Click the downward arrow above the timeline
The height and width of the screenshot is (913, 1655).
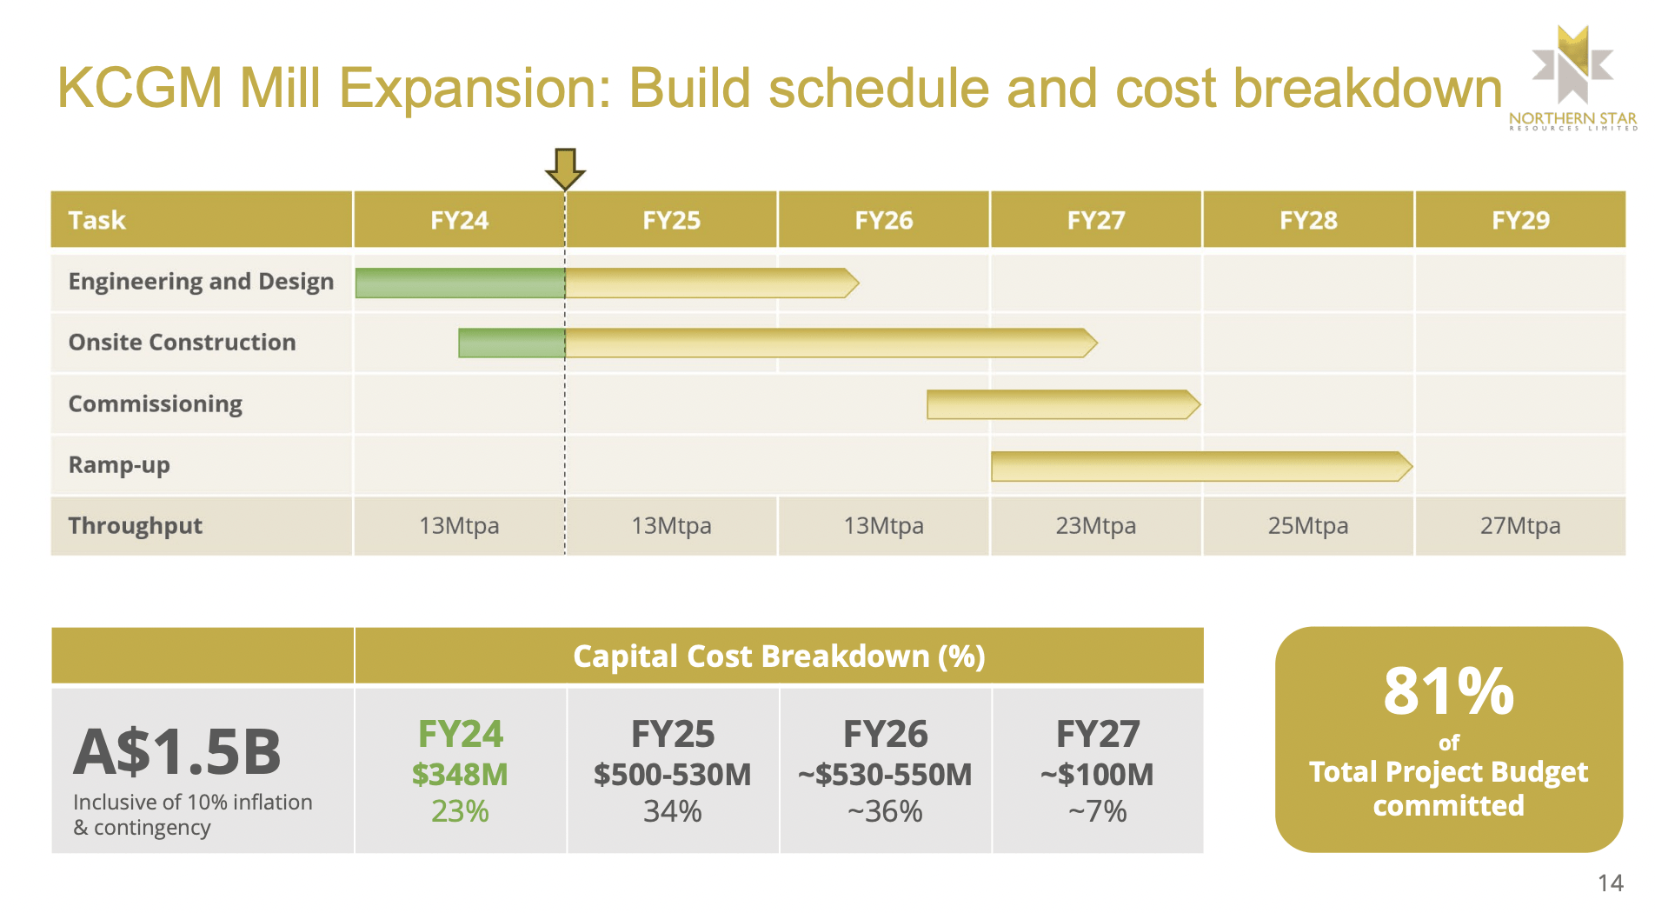click(x=565, y=169)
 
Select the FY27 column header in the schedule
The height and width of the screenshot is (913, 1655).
click(x=1095, y=220)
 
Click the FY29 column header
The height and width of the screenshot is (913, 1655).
click(x=1520, y=220)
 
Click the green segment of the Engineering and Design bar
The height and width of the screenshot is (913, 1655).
click(x=460, y=283)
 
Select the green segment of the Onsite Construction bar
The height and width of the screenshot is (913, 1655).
click(x=511, y=343)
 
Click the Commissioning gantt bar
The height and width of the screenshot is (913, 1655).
click(x=1062, y=404)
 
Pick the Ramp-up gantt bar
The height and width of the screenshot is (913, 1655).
click(x=1200, y=466)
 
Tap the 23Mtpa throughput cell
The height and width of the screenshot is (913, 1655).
click(x=1095, y=526)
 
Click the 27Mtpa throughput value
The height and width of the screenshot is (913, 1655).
click(x=1520, y=526)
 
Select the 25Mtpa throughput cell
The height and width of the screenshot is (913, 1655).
click(x=1307, y=526)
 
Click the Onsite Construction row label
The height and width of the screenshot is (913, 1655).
click(x=183, y=343)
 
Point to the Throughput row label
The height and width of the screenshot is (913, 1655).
click(x=136, y=526)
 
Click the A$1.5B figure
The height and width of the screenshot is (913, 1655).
click(x=177, y=752)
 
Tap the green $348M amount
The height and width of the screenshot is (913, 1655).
click(x=460, y=774)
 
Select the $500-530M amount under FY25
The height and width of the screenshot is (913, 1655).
click(x=672, y=774)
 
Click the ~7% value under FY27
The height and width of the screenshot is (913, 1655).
click(x=1097, y=811)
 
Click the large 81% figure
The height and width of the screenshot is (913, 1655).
click(x=1448, y=692)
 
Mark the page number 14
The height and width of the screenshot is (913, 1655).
click(x=1610, y=883)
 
